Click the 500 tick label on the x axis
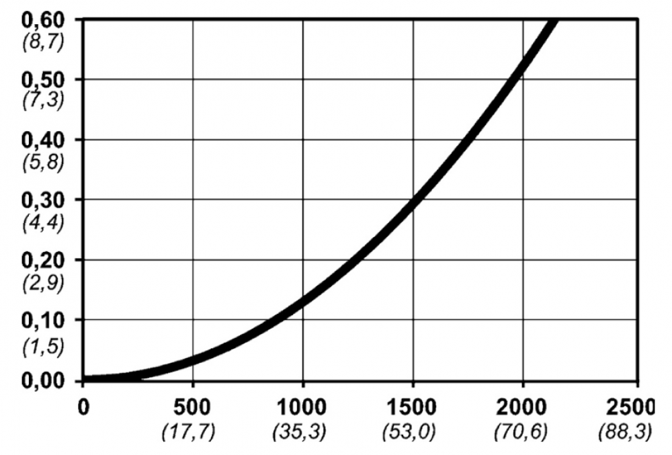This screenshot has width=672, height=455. (193, 408)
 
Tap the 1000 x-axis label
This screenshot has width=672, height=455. (302, 408)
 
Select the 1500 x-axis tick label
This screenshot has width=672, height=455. (413, 408)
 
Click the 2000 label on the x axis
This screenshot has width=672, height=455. (522, 408)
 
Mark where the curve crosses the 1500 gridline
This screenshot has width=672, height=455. (413, 201)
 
